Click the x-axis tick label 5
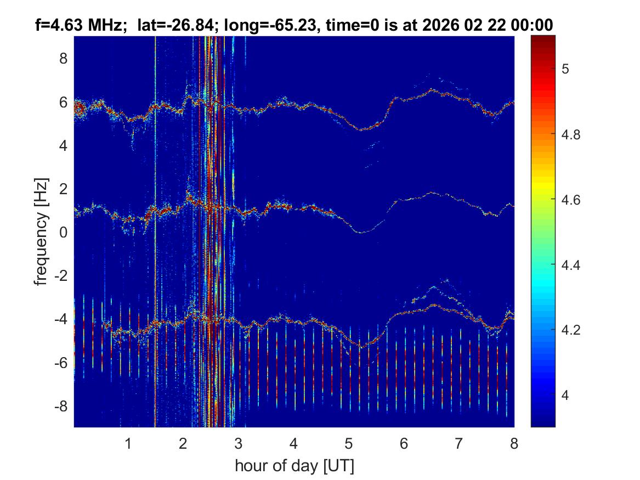tap(349, 443)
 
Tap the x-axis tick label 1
tap(128, 443)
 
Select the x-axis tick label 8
tap(514, 443)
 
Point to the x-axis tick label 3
tap(239, 443)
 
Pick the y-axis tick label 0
tap(64, 233)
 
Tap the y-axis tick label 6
tap(64, 102)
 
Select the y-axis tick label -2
tap(61, 276)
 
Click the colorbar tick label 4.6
tap(574, 200)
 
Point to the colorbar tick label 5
tap(568, 69)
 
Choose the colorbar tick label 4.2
tap(574, 330)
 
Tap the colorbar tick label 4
tap(568, 396)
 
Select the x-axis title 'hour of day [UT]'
tap(294, 466)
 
